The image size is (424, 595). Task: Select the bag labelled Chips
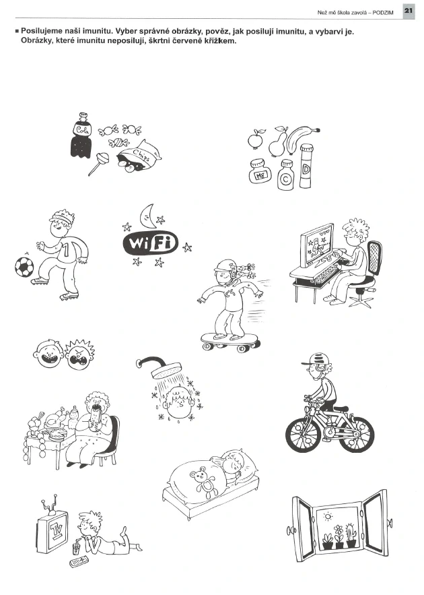tap(138, 156)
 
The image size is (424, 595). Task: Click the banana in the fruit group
tap(302, 138)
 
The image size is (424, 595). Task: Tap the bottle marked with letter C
tap(285, 175)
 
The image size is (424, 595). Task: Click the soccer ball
tap(24, 267)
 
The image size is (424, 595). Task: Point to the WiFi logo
tap(151, 243)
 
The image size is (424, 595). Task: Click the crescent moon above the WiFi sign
tap(146, 214)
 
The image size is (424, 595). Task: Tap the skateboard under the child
tap(229, 341)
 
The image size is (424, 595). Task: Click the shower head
tap(166, 371)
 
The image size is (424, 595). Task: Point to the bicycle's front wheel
tap(303, 433)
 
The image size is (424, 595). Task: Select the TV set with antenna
tap(52, 530)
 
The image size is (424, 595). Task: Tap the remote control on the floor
tap(79, 561)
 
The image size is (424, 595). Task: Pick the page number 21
tap(408, 11)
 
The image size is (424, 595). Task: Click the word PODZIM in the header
tap(383, 13)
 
